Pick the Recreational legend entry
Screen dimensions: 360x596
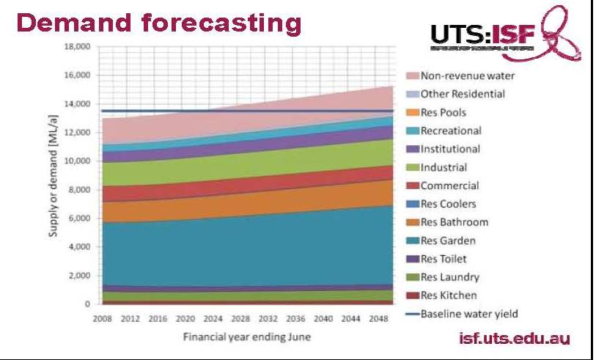(x=451, y=131)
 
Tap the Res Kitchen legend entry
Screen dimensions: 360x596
(x=449, y=295)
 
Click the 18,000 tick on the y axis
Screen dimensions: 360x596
(x=76, y=47)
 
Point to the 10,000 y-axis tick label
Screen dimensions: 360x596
(x=76, y=161)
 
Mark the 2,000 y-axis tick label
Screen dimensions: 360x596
(x=78, y=276)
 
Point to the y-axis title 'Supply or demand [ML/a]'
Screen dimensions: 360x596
(x=54, y=176)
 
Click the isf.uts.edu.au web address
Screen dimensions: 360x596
(x=513, y=338)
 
